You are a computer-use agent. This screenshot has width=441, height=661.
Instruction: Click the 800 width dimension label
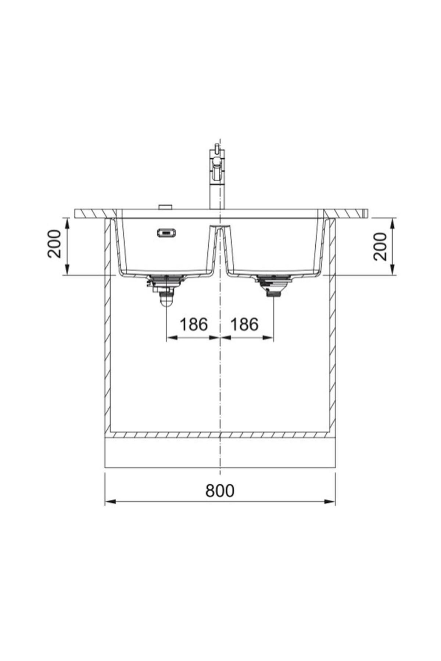pos(220,490)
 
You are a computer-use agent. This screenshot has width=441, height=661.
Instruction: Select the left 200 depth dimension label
pos(55,243)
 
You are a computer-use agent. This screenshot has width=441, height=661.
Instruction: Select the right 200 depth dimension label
pos(380,246)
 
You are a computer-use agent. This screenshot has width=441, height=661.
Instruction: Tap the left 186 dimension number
pos(193,324)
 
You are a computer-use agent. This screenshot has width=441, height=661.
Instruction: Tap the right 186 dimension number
pos(244,324)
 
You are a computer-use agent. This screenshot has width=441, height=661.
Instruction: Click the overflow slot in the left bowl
pos(166,233)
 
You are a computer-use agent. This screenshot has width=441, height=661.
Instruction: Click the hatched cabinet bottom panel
pos(220,435)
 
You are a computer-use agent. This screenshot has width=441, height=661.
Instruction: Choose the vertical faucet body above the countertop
pos(215,195)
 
